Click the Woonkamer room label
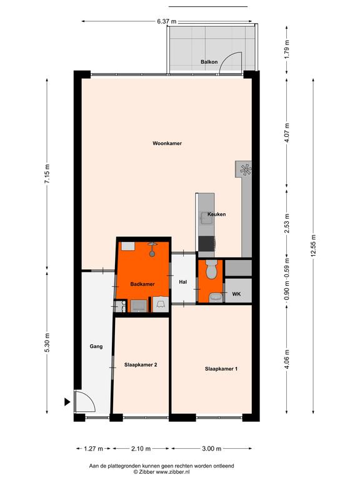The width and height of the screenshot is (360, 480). (167, 143)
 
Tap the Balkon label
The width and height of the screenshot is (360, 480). (209, 62)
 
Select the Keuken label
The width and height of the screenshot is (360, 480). (217, 214)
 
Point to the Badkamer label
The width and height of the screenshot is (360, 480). (142, 284)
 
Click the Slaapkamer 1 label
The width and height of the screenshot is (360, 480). (221, 369)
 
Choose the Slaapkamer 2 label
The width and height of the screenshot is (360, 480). (141, 365)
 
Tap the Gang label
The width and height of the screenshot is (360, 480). (96, 346)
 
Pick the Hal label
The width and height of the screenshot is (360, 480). (183, 282)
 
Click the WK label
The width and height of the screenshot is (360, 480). (236, 294)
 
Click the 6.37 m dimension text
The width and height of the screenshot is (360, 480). (166, 21)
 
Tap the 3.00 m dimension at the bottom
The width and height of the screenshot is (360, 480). (211, 449)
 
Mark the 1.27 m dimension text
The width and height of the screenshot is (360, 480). (93, 449)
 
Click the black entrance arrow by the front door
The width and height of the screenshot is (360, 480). (67, 402)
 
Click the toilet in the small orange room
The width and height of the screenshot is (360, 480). (211, 269)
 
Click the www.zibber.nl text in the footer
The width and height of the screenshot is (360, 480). (173, 472)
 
